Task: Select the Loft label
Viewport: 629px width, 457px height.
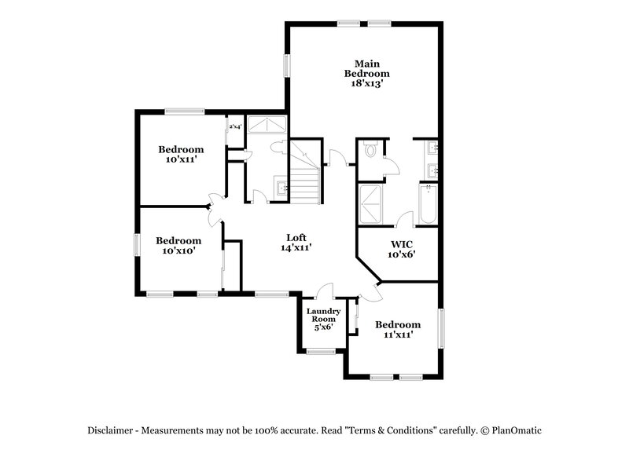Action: tap(296, 237)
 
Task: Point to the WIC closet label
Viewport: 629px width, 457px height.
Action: tap(401, 243)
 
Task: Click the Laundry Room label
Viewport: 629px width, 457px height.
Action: tap(323, 316)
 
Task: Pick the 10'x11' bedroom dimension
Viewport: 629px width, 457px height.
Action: tap(181, 159)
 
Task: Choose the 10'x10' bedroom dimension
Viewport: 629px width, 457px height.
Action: tap(178, 250)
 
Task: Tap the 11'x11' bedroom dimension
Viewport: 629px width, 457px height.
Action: tap(397, 335)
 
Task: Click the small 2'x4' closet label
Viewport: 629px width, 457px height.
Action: tap(234, 126)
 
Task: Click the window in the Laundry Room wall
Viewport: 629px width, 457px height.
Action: tap(322, 351)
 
